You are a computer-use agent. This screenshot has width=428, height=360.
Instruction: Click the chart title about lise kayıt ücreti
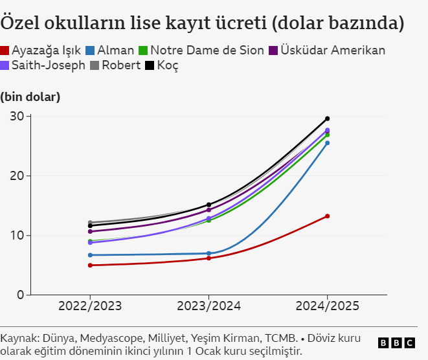(203, 24)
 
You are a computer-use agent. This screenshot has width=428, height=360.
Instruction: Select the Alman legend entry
(109, 51)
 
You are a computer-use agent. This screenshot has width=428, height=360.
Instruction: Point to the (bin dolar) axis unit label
(30, 97)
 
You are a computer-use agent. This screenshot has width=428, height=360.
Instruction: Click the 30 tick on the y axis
(17, 117)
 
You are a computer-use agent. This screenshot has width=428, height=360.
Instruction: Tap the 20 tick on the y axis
(17, 175)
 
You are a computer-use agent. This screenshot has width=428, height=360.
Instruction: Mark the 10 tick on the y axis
(17, 235)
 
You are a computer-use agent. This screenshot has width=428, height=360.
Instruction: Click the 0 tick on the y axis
(20, 295)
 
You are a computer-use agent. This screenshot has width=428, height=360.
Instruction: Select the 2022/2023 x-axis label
(90, 306)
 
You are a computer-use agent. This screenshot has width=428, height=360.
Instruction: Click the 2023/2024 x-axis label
(208, 306)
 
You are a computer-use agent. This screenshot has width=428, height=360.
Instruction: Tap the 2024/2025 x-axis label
(327, 306)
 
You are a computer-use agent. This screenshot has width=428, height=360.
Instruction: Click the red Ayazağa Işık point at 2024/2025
(327, 216)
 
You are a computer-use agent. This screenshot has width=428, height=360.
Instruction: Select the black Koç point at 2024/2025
(327, 118)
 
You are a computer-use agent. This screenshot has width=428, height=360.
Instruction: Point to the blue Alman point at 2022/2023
(91, 255)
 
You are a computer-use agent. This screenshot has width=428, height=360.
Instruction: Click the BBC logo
(396, 343)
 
